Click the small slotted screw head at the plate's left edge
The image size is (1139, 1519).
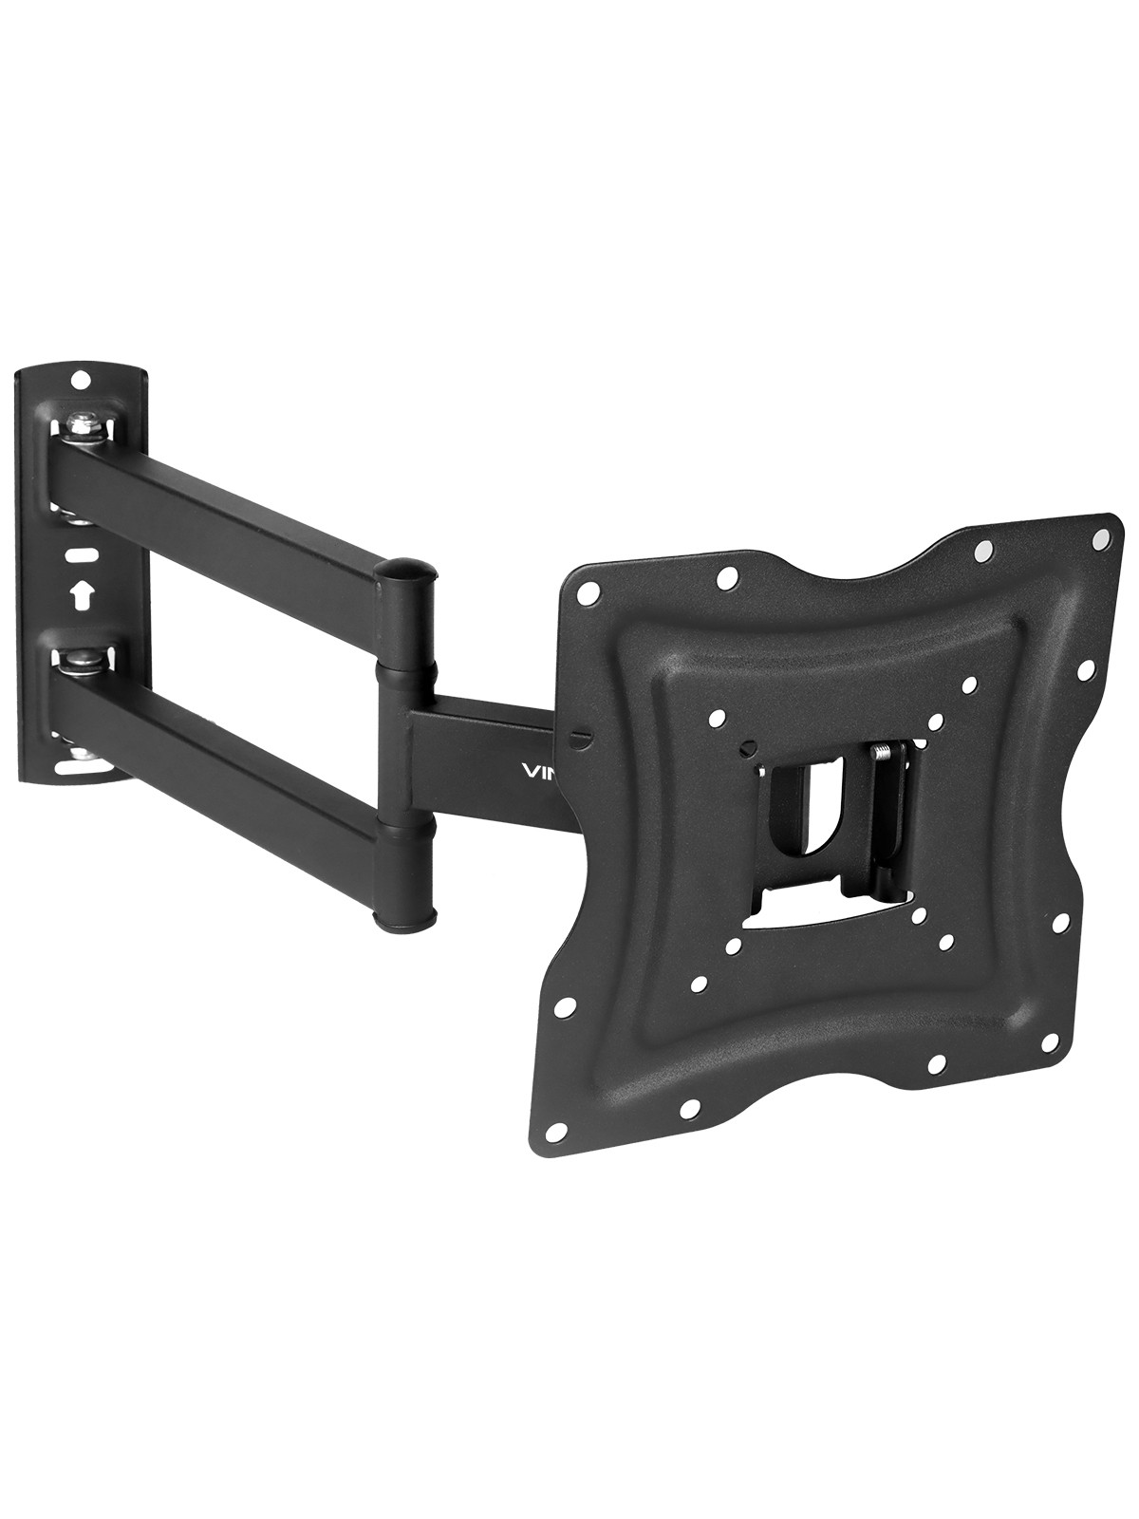click(581, 735)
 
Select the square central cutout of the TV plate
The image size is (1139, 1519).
click(835, 816)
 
